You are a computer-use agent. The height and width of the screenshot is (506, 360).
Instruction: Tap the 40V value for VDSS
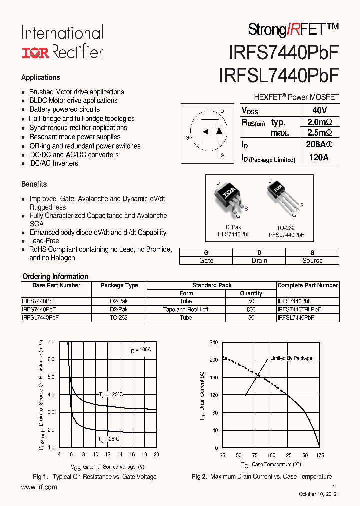pos(319,110)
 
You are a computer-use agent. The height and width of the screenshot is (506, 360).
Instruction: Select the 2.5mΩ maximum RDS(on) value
pos(319,133)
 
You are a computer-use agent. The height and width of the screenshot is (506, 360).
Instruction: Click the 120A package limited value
pos(319,157)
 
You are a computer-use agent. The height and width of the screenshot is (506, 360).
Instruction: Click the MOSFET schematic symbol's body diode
pos(218,131)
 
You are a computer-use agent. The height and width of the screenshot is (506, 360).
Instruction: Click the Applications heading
pos(41,77)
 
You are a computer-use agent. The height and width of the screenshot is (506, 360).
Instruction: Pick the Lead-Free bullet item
pos(44,241)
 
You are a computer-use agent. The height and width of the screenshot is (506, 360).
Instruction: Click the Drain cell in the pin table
pos(259,260)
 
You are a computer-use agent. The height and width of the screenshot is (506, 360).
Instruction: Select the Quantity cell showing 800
pos(251,309)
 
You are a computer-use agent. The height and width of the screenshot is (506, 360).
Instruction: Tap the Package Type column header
pos(119,285)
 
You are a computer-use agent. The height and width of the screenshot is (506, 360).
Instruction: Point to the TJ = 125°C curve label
pos(110,395)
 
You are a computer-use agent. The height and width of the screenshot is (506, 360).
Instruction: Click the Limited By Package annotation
pos(291,358)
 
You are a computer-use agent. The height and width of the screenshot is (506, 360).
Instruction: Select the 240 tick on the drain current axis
pos(213,342)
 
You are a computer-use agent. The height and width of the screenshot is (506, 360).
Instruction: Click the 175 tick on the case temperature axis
pos(320,455)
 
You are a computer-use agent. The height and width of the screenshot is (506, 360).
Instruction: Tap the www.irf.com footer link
pos(39,487)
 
